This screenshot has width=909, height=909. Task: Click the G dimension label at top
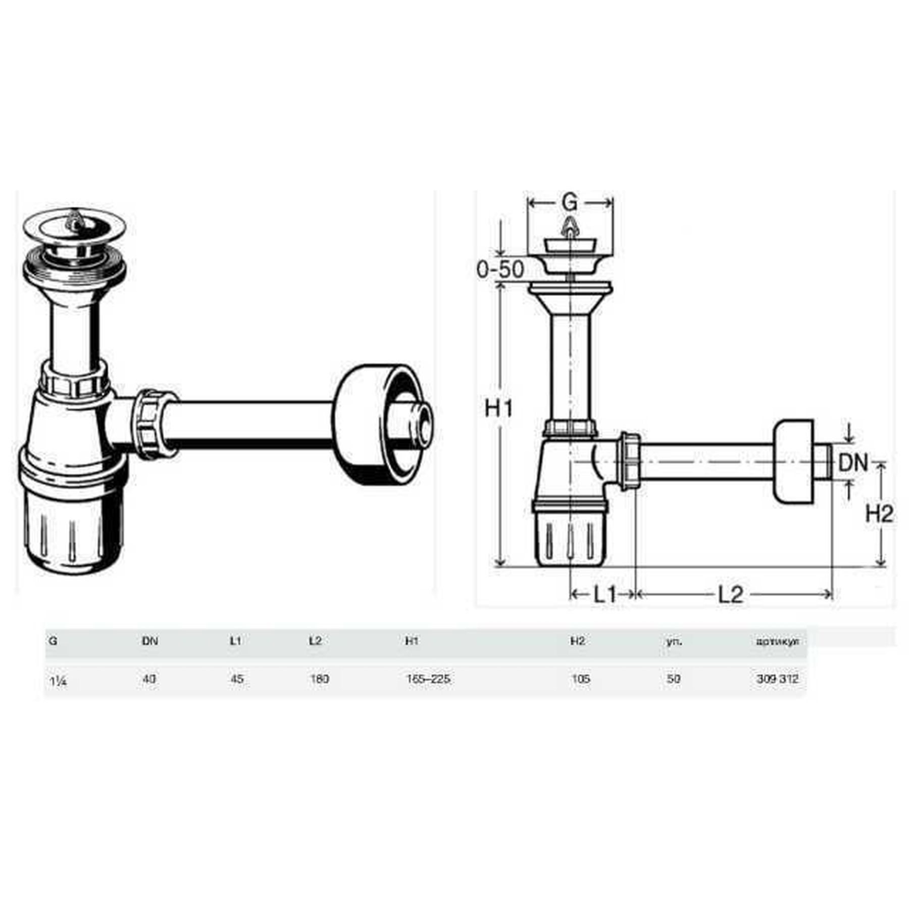click(x=569, y=203)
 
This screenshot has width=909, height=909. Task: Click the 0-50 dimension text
click(x=500, y=270)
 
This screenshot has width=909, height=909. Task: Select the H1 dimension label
click(x=498, y=408)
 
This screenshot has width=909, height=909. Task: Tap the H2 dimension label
click(x=879, y=514)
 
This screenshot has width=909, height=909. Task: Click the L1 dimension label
click(x=604, y=595)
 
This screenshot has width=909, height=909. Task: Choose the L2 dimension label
click(x=731, y=595)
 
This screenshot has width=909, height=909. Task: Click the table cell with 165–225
click(x=428, y=679)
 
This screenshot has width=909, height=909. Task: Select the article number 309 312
click(x=777, y=679)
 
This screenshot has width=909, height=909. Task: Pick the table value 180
click(x=319, y=679)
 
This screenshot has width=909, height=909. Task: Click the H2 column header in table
click(x=577, y=641)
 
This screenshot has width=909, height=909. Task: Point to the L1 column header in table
click(x=235, y=641)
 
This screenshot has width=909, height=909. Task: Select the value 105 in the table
click(x=581, y=679)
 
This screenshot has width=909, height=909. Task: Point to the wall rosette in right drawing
click(x=793, y=462)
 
